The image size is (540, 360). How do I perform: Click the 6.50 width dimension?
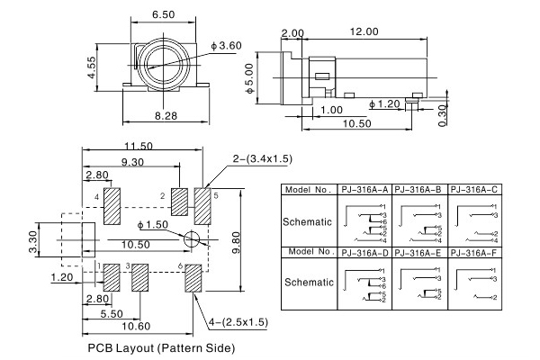pyautogui.click(x=164, y=16)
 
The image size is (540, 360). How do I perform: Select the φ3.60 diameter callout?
pyautogui.click(x=226, y=44)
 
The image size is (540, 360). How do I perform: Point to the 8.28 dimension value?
pyautogui.click(x=164, y=117)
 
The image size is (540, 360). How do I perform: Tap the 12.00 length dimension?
pyautogui.click(x=364, y=31)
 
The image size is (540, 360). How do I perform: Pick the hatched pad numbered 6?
pyautogui.click(x=193, y=277)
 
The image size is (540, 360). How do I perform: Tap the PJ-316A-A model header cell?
pyautogui.click(x=364, y=190)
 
